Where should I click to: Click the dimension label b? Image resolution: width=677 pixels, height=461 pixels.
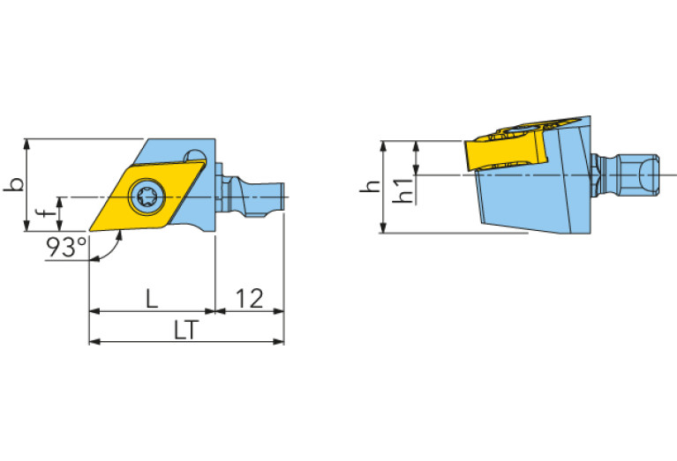point(15,185)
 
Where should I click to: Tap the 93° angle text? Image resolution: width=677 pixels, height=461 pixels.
point(67,248)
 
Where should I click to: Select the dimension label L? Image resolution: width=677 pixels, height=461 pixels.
point(151,299)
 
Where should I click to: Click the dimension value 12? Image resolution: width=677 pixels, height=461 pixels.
point(250,299)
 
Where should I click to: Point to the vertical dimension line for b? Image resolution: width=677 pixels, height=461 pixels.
point(28,185)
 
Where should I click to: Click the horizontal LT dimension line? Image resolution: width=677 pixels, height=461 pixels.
point(186,340)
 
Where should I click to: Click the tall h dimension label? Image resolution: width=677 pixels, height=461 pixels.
point(373,186)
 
